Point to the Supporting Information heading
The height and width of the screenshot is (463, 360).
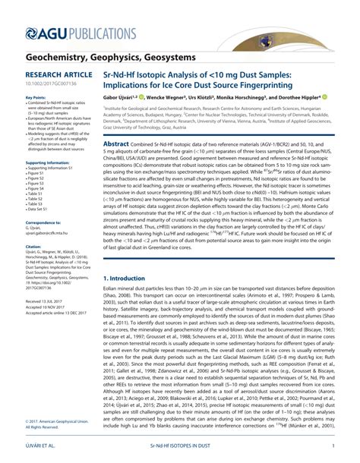(49, 162)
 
